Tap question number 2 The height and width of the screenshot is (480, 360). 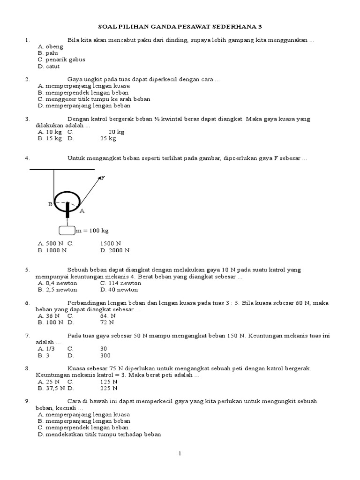(28, 80)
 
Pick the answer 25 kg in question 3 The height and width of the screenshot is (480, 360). (108, 139)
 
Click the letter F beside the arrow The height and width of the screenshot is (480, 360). (103, 178)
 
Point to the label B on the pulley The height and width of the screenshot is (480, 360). (50, 204)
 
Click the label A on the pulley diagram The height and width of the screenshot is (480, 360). (82, 211)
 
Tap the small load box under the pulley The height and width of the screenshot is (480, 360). (67, 231)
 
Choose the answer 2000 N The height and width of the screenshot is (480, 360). (114, 250)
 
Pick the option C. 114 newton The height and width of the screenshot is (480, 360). (120, 283)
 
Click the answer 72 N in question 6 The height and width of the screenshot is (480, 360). (107, 322)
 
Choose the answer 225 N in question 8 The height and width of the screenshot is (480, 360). (109, 388)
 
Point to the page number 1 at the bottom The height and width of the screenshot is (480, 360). (180, 454)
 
